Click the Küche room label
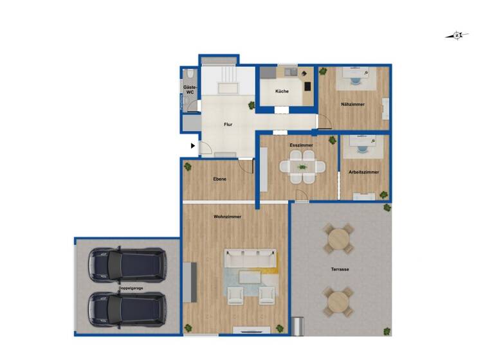(282, 91)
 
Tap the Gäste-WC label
(190, 89)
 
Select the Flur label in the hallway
(228, 125)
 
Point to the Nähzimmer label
(353, 104)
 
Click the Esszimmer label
(301, 146)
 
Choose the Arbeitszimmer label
(363, 172)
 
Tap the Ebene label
(219, 179)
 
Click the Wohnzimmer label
(227, 217)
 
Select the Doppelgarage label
(131, 289)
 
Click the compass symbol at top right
(457, 36)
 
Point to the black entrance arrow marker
(192, 146)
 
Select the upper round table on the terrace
(338, 239)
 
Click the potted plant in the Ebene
(188, 167)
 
